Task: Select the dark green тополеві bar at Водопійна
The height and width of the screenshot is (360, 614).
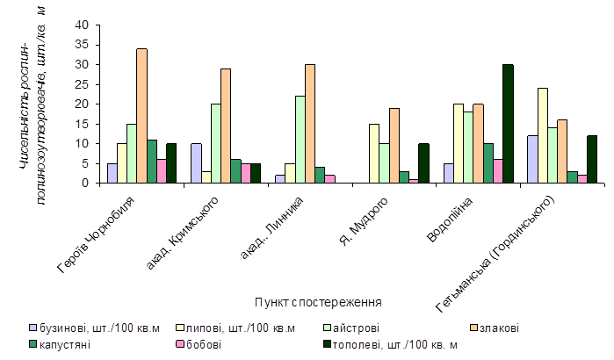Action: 508,124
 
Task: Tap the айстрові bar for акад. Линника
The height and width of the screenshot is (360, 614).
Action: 299,140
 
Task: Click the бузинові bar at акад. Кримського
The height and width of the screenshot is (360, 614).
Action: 196,163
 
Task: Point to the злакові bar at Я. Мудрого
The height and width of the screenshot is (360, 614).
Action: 394,146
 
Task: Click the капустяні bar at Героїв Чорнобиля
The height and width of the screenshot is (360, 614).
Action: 152,162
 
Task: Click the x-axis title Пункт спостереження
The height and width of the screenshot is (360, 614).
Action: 316,302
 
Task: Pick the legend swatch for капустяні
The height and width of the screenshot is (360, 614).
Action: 33,344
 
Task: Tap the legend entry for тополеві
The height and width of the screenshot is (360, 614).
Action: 400,344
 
